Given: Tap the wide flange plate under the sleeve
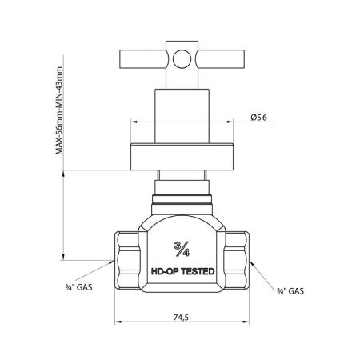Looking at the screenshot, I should coord(181,158).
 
